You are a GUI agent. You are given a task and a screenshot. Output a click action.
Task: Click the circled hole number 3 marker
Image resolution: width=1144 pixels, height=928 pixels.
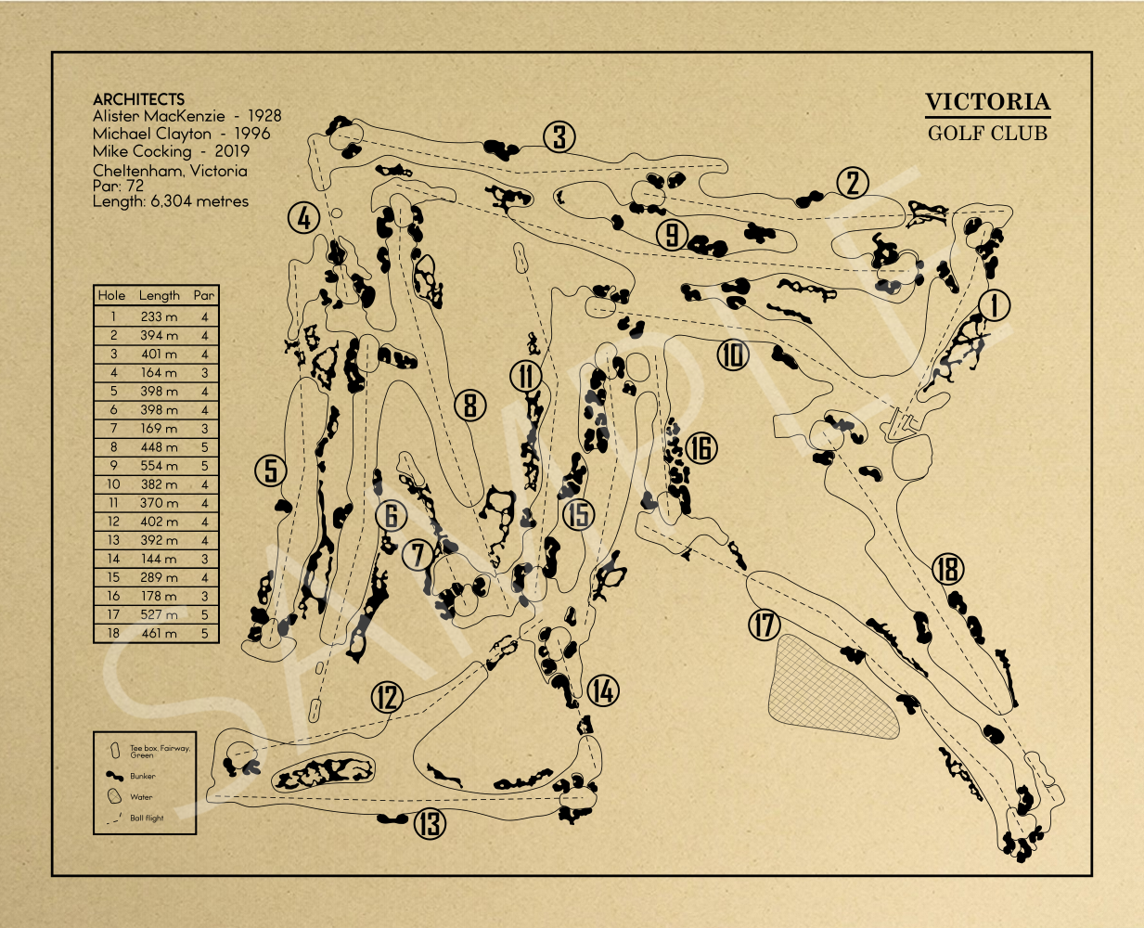pyautogui.click(x=559, y=137)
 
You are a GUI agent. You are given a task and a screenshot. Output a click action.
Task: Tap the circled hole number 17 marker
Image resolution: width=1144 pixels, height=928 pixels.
pyautogui.click(x=765, y=625)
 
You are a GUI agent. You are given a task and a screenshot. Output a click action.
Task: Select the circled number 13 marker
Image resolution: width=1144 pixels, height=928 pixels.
pyautogui.click(x=429, y=823)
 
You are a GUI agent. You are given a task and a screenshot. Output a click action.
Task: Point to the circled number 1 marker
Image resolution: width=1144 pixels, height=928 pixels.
pyautogui.click(x=994, y=304)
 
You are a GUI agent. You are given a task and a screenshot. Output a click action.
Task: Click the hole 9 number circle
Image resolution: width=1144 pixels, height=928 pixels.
pyautogui.click(x=673, y=234)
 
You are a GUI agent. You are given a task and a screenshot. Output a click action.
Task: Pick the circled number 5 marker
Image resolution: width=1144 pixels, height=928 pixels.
pyautogui.click(x=271, y=470)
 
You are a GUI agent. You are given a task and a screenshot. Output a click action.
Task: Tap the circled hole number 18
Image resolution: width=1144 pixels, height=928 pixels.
pyautogui.click(x=947, y=569)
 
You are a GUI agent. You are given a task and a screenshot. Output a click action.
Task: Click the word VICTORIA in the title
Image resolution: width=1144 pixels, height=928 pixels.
pyautogui.click(x=987, y=102)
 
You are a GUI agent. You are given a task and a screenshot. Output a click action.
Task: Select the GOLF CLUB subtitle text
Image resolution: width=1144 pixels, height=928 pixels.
pyautogui.click(x=987, y=133)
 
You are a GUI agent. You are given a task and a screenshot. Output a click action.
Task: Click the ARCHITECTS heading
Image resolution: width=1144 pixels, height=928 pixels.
pyautogui.click(x=138, y=99)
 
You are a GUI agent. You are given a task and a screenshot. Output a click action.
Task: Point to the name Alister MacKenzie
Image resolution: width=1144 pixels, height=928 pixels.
pyautogui.click(x=159, y=116)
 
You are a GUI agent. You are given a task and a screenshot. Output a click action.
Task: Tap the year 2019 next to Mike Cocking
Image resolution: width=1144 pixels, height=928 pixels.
pyautogui.click(x=231, y=150)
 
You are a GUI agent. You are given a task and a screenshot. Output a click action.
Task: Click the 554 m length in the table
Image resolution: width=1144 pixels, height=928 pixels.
pyautogui.click(x=159, y=466)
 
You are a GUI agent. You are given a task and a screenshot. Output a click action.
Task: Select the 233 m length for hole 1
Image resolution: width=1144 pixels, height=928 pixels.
pyautogui.click(x=159, y=316)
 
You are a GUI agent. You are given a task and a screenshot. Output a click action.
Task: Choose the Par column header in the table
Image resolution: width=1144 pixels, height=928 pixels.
pyautogui.click(x=204, y=296)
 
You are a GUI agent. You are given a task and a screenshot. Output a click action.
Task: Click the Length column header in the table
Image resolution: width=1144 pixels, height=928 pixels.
pyautogui.click(x=159, y=296)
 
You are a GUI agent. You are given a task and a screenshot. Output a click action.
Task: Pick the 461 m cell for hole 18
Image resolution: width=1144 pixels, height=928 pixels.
pyautogui.click(x=159, y=634)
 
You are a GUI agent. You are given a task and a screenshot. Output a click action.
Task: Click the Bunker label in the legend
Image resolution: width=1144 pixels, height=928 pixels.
pyautogui.click(x=143, y=776)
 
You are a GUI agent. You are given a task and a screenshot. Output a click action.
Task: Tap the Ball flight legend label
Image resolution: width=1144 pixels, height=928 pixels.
pyautogui.click(x=147, y=818)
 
